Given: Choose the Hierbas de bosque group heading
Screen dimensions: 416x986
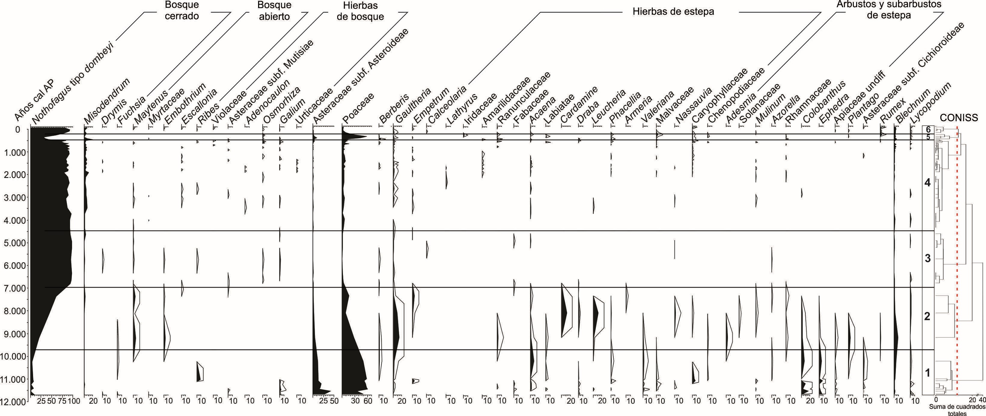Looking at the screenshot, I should point(360,11).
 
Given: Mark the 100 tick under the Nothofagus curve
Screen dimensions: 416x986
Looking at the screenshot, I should point(74,401).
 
